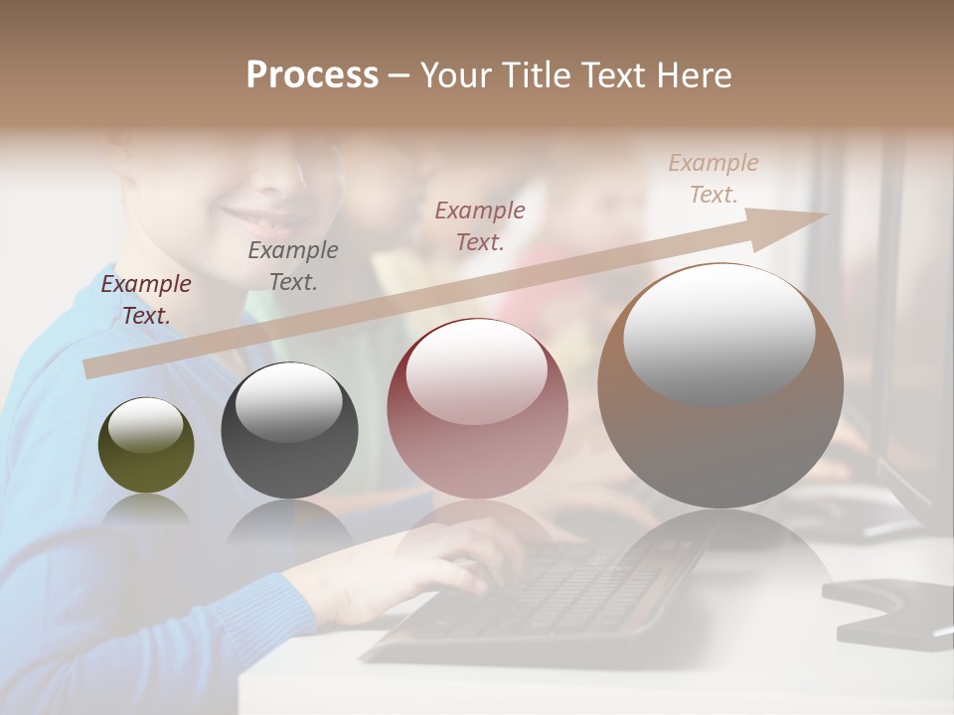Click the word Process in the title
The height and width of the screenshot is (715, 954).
tap(312, 75)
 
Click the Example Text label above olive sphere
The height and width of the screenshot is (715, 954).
tap(146, 299)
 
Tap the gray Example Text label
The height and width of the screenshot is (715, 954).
tap(293, 265)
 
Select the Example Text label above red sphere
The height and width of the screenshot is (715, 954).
tap(480, 225)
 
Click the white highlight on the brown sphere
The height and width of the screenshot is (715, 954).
tap(719, 336)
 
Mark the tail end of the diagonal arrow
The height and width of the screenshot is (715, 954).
tap(91, 369)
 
